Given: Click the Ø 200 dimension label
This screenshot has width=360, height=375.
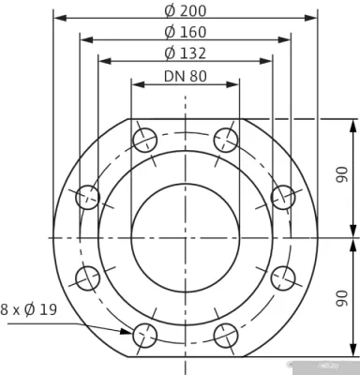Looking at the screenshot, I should point(186,11).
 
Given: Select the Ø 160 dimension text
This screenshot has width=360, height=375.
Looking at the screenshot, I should point(186,32).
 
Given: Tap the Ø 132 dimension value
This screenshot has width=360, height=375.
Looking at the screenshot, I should point(186,52).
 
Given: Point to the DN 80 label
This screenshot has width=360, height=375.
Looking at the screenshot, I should point(186,76).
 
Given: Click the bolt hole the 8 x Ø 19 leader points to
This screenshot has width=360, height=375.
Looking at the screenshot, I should point(144,333).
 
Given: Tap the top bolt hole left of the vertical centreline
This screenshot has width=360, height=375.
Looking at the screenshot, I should point(144,141).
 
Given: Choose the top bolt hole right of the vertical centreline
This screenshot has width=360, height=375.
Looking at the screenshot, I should point(226,141).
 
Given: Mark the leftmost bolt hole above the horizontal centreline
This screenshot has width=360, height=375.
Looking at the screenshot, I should point(87,197).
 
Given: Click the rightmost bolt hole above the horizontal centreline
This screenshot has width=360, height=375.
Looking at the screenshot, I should point(283,197).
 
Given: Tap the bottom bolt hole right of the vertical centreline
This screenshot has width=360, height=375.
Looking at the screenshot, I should point(226,333).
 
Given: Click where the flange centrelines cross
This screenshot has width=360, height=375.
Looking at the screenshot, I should point(186,237).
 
